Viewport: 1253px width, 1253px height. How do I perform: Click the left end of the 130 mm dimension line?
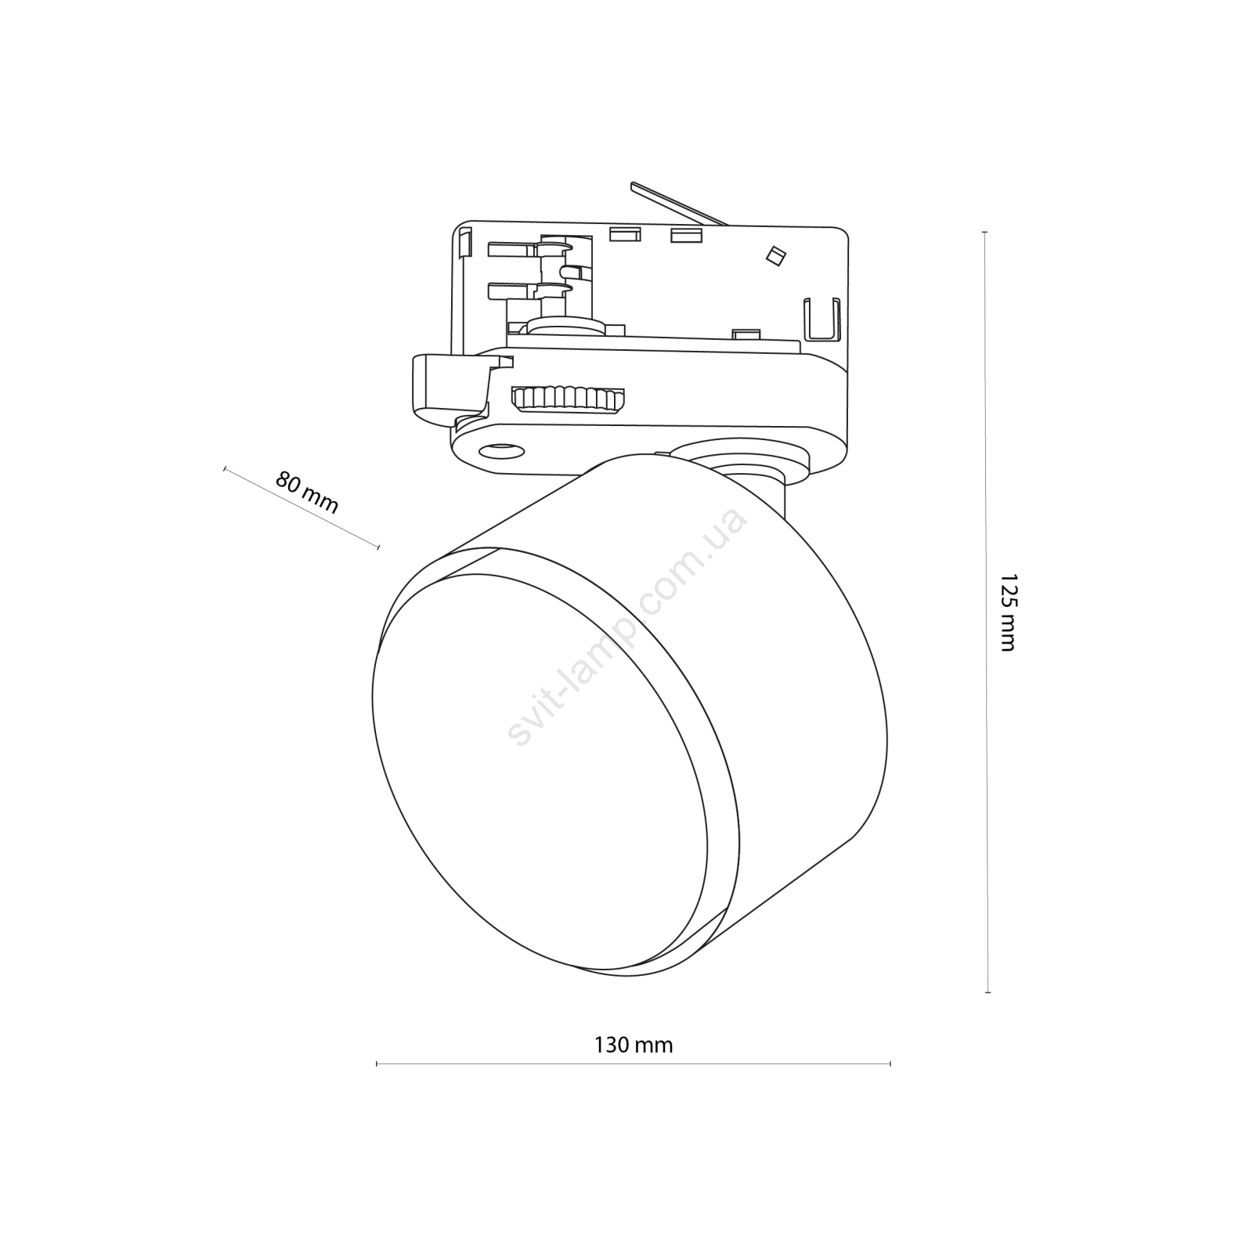[x=377, y=1063]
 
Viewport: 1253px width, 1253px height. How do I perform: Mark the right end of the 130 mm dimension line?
[x=890, y=1063]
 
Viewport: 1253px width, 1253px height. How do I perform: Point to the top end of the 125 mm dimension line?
[x=985, y=233]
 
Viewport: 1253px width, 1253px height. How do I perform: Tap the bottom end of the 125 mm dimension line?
[x=988, y=992]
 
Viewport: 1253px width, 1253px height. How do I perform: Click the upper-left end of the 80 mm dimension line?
[x=225, y=468]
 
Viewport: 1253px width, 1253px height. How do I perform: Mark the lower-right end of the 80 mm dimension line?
[x=378, y=547]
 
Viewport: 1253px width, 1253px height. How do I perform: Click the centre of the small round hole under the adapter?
[x=501, y=450]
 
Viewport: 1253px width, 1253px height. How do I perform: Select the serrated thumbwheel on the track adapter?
[x=569, y=399]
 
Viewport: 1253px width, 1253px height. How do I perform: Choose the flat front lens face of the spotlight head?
[x=540, y=772]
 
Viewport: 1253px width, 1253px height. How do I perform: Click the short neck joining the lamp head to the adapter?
[x=756, y=486]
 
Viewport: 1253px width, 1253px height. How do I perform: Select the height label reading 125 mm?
[x=1007, y=612]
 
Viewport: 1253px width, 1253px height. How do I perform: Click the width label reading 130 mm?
[x=634, y=1045]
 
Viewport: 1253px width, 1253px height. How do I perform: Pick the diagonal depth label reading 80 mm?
[x=307, y=492]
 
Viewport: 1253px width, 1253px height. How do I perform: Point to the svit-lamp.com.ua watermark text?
[x=626, y=626]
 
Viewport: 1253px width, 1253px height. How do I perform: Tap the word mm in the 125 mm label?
[x=1006, y=635]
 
